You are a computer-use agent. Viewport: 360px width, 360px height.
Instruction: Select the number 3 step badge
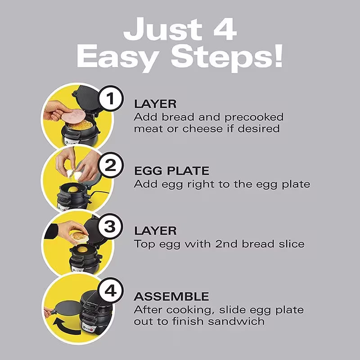point(110,227)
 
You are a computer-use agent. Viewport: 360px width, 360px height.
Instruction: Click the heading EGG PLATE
point(171,171)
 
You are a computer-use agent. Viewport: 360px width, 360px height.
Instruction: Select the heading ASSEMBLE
point(171,297)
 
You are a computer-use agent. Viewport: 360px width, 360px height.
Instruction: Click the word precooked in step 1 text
point(254,117)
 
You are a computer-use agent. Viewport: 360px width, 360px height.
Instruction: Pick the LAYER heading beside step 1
point(155,103)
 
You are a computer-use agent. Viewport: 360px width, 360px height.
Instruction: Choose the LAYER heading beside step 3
point(155,231)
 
